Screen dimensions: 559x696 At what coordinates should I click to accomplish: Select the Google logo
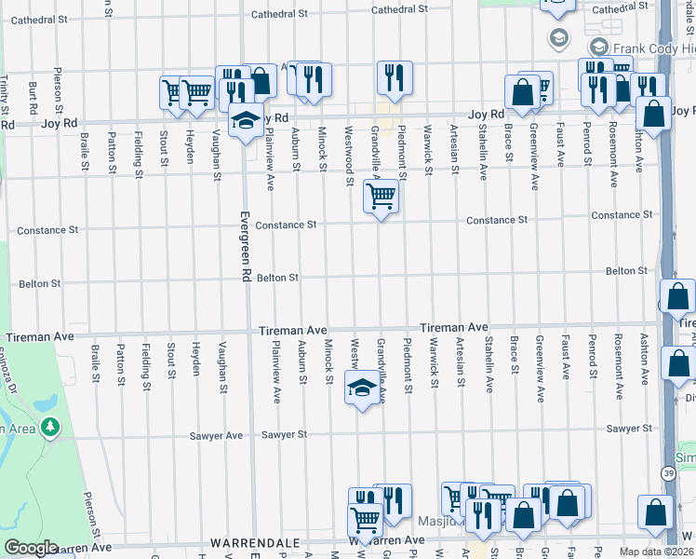(x=31, y=548)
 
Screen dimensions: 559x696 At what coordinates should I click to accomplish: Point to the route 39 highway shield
(x=668, y=474)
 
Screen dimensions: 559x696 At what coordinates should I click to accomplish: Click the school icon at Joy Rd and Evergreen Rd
(x=246, y=121)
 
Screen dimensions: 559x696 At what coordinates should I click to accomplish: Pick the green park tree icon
(x=49, y=429)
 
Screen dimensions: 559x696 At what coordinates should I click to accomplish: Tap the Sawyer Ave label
(x=221, y=435)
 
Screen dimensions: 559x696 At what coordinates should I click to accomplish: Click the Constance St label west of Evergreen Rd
(x=46, y=230)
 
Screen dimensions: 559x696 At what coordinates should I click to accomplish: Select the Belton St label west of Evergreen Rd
(x=39, y=283)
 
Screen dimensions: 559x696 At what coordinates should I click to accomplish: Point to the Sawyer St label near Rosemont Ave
(x=627, y=429)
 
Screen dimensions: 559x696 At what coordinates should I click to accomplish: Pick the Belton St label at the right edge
(x=626, y=270)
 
